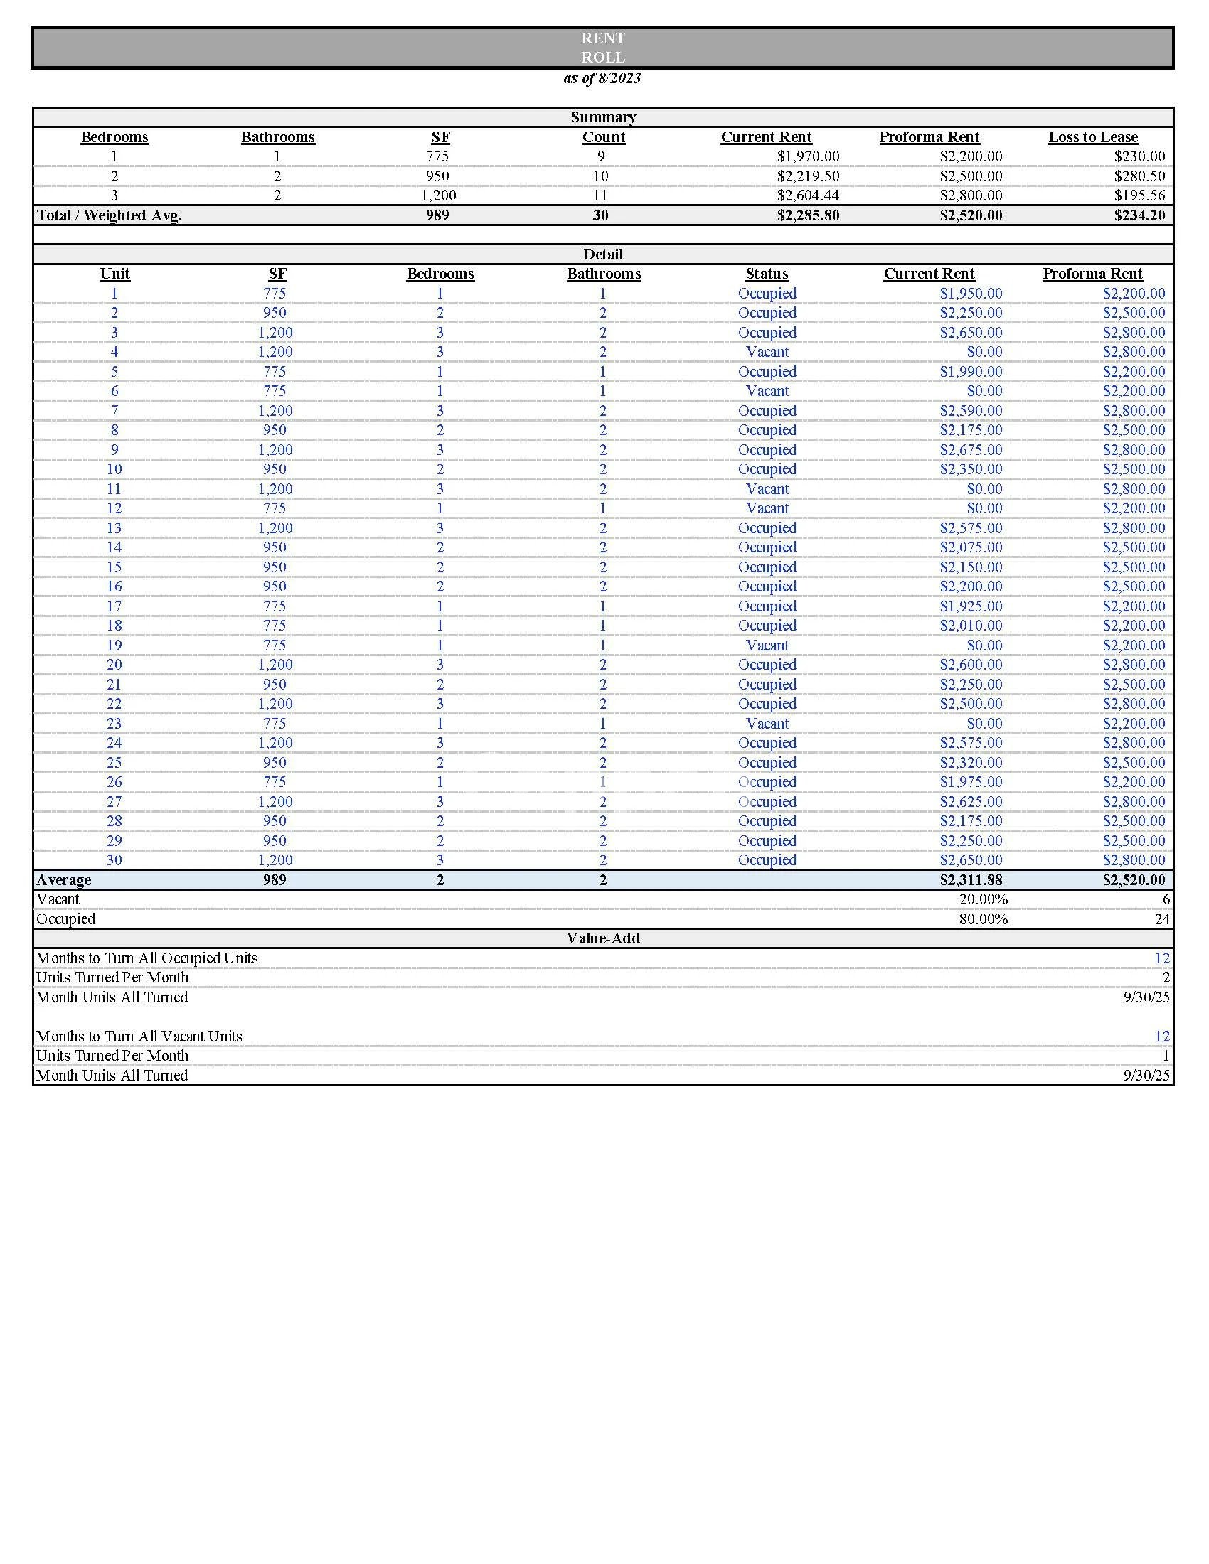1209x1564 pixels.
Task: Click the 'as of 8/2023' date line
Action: click(x=602, y=78)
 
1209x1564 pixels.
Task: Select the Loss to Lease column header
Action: click(x=1092, y=136)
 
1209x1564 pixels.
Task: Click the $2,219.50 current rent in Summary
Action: click(x=807, y=176)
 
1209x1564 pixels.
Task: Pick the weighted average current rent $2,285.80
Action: click(x=807, y=215)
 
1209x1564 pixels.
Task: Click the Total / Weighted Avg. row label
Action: click(x=109, y=215)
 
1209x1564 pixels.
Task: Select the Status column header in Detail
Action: click(x=767, y=274)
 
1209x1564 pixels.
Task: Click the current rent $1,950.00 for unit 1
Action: click(x=971, y=294)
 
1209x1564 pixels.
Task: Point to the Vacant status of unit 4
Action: click(x=767, y=353)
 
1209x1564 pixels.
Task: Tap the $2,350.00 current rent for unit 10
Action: click(x=971, y=470)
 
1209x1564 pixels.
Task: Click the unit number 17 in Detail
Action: click(x=114, y=606)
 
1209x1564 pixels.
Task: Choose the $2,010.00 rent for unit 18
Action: click(x=971, y=626)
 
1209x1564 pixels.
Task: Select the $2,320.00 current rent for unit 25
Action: click(x=971, y=763)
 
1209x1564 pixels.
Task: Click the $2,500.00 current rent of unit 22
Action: click(x=971, y=704)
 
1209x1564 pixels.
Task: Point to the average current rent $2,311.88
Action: click(x=971, y=880)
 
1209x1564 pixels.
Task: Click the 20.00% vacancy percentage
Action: click(x=983, y=899)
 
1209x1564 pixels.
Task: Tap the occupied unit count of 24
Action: click(x=1162, y=919)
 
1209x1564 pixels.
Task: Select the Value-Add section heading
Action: click(x=603, y=939)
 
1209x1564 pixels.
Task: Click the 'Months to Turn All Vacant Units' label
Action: click(x=139, y=1037)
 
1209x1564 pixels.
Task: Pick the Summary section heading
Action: click(x=603, y=117)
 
